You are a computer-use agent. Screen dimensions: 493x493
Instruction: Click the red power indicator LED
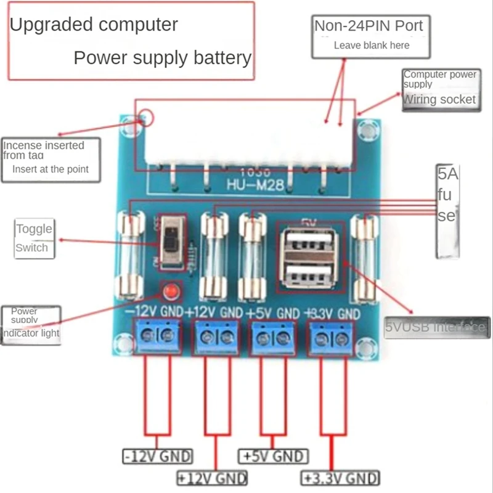pyautogui.click(x=169, y=290)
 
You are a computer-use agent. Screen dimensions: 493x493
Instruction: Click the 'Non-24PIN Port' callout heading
pyautogui.click(x=369, y=26)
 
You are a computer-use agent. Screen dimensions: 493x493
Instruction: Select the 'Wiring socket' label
pyautogui.click(x=439, y=100)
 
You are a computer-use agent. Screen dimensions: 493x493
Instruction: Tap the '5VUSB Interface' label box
pyautogui.click(x=437, y=327)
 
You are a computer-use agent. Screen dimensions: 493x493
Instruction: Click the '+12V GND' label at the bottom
pyautogui.click(x=212, y=478)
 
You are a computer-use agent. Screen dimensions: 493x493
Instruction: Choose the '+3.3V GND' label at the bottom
pyautogui.click(x=340, y=478)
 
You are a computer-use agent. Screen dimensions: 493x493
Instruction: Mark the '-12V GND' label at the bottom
pyautogui.click(x=158, y=457)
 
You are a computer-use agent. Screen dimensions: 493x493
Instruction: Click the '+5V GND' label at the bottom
pyautogui.click(x=272, y=457)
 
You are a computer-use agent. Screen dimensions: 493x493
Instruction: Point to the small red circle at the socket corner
pyautogui.click(x=145, y=116)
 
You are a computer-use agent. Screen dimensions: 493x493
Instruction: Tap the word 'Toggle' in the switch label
pyautogui.click(x=34, y=229)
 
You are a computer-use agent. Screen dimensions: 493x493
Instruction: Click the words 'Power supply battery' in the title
pyautogui.click(x=163, y=58)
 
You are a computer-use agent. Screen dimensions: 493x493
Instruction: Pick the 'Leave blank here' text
pyautogui.click(x=371, y=45)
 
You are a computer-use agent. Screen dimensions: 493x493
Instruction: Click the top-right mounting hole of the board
pyautogui.click(x=368, y=129)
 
